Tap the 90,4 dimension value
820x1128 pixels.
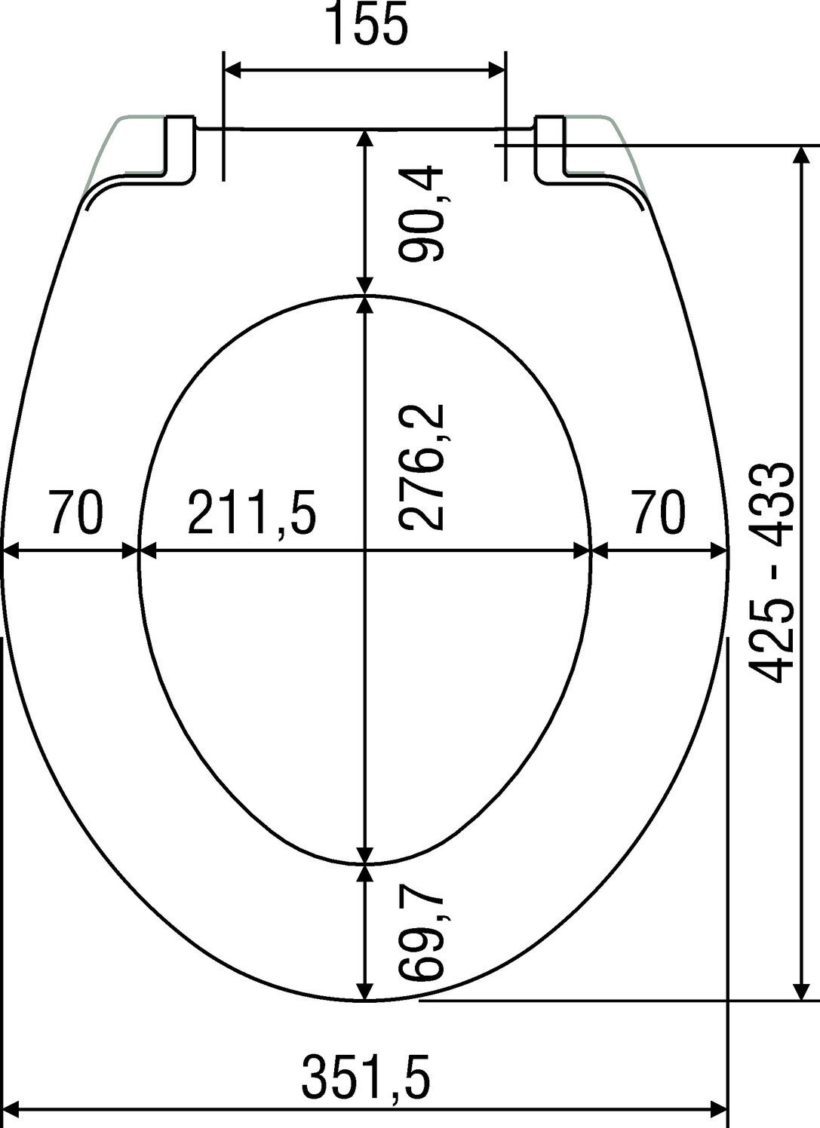[x=420, y=215]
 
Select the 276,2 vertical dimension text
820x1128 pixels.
[x=421, y=467]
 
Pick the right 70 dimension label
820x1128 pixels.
[x=659, y=512]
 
